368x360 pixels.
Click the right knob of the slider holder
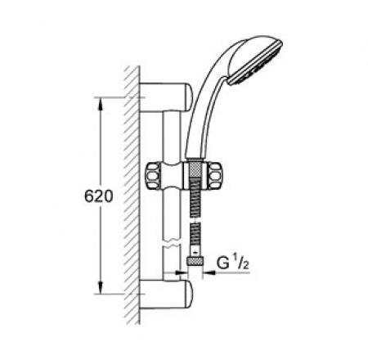pos(218,173)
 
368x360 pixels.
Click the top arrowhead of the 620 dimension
pos(101,101)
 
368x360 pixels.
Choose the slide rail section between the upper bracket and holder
pos(170,135)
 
